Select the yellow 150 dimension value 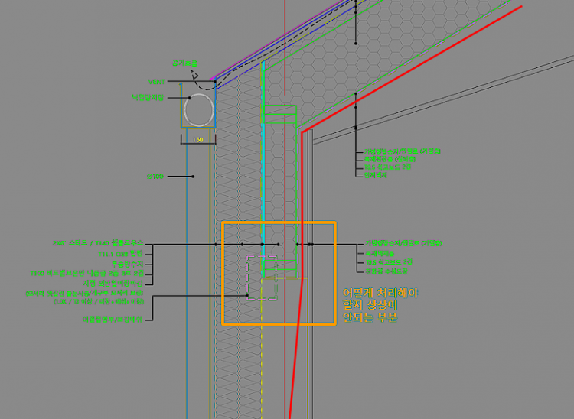[x=197, y=140]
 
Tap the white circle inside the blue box [x=198, y=110]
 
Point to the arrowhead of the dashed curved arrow [x=195, y=75]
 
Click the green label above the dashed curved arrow [x=184, y=63]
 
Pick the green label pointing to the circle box [x=148, y=98]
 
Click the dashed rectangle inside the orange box [x=260, y=278]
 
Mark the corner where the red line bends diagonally [x=302, y=132]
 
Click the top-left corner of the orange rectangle [x=223, y=223]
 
